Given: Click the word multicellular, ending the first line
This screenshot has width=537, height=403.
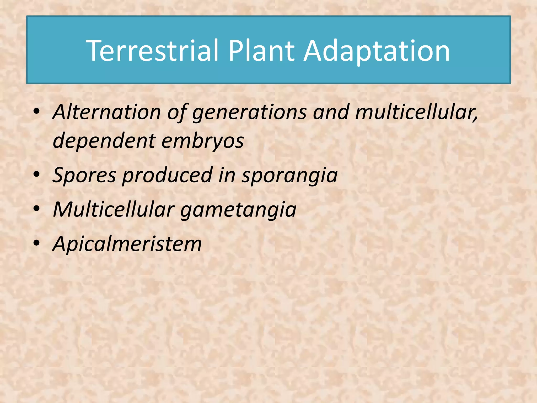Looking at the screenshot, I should [x=417, y=112].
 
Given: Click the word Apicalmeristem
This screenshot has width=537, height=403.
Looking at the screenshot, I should [x=127, y=244].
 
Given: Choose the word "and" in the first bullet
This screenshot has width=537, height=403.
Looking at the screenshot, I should [x=331, y=112].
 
